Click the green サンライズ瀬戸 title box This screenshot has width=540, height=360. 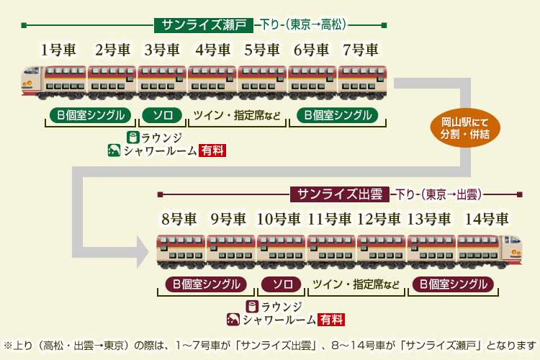(204, 25)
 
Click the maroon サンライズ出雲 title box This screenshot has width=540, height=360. (340, 194)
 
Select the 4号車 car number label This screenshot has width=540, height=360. (212, 50)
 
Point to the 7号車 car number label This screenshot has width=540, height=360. (361, 50)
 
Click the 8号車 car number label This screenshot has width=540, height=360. (179, 219)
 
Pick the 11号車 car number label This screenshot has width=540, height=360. (329, 219)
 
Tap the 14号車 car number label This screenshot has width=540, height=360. (487, 219)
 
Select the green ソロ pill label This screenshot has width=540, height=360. (162, 115)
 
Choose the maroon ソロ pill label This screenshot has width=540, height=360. (282, 284)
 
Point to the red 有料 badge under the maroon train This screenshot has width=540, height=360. (332, 320)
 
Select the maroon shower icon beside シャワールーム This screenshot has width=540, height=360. (233, 320)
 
